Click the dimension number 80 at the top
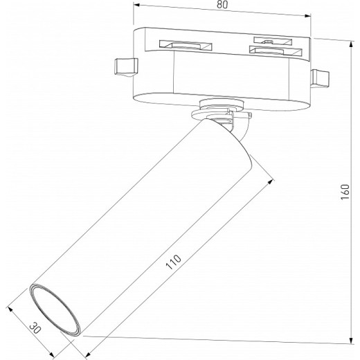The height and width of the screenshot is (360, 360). coord(222,6)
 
